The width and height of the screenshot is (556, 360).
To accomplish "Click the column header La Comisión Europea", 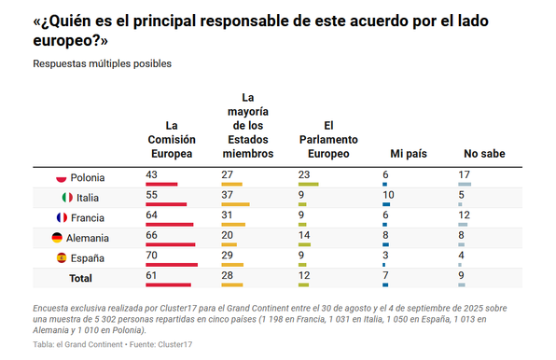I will click(x=172, y=139).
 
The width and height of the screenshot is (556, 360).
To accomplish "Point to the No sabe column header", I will click(x=484, y=153).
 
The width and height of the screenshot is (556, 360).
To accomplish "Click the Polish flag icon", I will click(x=62, y=178).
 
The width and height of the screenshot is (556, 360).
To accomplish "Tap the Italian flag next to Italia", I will click(x=67, y=198).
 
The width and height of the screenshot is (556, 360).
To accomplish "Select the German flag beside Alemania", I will click(x=57, y=238).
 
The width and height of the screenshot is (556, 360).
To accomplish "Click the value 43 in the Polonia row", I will click(x=152, y=173).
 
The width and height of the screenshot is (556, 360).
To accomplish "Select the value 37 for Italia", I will click(x=228, y=193).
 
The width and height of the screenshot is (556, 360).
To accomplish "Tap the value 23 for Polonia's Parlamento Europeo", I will click(x=303, y=173).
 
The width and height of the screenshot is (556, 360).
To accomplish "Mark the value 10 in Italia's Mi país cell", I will click(x=389, y=193).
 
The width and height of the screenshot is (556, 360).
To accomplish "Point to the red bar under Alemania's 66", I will click(x=171, y=244).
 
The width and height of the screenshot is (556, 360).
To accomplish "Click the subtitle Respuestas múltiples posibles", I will click(x=103, y=63).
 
